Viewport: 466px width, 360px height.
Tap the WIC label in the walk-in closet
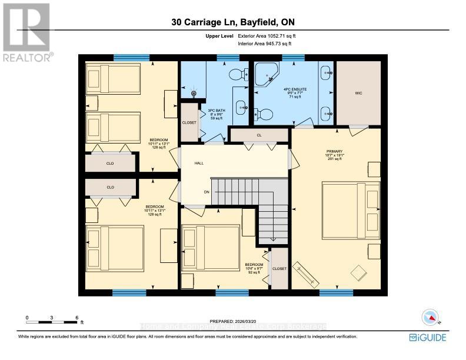coord(358,93)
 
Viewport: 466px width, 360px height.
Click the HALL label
coord(199,163)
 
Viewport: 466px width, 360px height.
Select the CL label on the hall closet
coord(259,135)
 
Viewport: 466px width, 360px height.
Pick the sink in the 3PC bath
coord(241,108)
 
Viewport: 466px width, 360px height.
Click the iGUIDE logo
coord(428,338)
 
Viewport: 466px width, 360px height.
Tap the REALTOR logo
coord(27,32)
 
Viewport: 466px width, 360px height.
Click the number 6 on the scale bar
coord(76,317)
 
